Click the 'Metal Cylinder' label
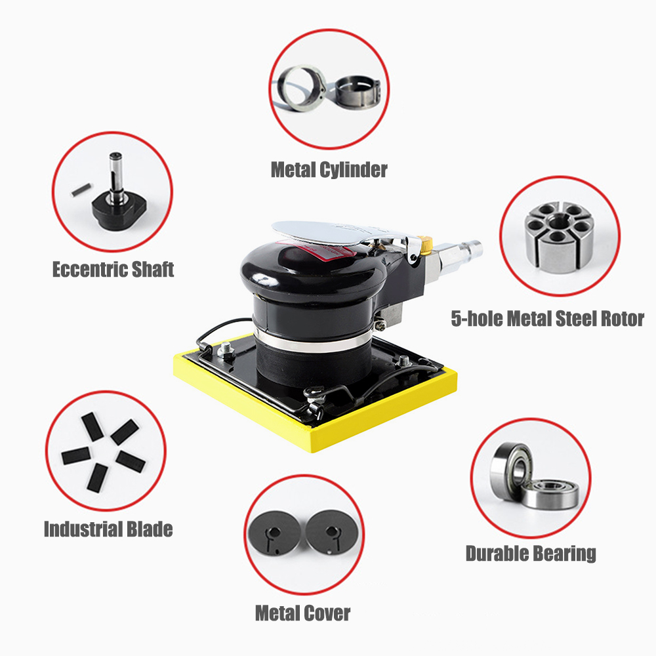(x=329, y=170)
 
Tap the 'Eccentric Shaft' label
(x=113, y=269)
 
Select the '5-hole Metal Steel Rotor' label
(x=547, y=318)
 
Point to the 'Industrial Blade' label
(x=108, y=529)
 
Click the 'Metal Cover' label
(x=302, y=613)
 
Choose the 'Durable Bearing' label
(x=531, y=554)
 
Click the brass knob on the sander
(x=426, y=245)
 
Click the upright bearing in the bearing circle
(x=510, y=470)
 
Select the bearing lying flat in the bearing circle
(x=551, y=494)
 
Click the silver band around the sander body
(x=311, y=343)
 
